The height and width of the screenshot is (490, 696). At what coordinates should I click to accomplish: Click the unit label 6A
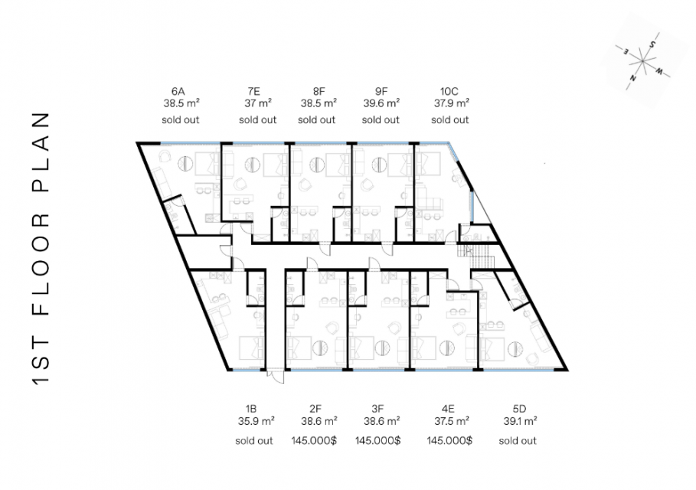coord(178,92)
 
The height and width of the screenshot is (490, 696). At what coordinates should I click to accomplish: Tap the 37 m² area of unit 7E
coord(258,103)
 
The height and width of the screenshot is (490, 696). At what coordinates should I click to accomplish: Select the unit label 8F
coord(319,92)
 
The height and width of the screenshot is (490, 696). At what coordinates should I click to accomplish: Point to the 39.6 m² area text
coord(381,103)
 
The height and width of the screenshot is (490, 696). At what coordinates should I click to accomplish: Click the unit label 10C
coord(449,92)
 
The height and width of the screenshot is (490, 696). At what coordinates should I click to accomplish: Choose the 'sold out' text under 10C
coord(450,120)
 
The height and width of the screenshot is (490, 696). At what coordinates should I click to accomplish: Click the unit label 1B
coord(251,409)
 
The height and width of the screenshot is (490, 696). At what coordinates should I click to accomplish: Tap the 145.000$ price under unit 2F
coord(314,441)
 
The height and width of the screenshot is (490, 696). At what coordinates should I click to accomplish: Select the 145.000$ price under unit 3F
coord(377,441)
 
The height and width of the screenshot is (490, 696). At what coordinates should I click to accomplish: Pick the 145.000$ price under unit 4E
coord(449,441)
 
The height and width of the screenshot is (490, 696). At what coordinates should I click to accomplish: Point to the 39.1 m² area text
coord(520,421)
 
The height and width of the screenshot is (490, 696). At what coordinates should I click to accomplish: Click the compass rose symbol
coord(642,61)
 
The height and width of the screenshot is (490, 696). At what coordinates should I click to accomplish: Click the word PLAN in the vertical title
coord(41,152)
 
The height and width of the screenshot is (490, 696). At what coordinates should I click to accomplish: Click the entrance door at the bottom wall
coord(276,377)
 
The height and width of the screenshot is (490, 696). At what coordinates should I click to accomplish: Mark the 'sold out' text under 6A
coord(181,120)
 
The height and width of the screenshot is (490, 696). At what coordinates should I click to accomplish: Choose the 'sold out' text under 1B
coord(254,441)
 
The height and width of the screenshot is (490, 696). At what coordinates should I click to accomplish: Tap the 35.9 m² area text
coord(256,421)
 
